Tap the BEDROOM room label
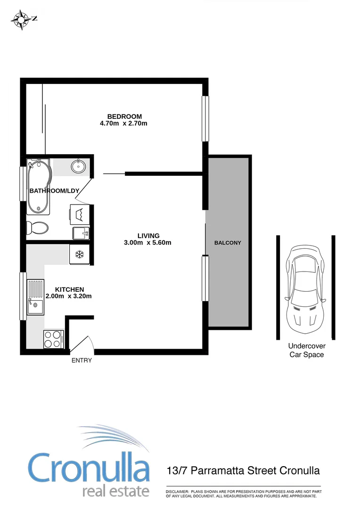tap(124, 116)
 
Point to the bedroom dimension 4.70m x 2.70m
tap(124, 124)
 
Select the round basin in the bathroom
tap(78, 166)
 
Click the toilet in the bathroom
tap(37, 228)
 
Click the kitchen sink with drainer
tap(35, 296)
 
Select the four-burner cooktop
tap(53, 339)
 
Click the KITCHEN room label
tap(70, 289)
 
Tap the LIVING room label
tap(148, 236)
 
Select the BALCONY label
tap(228, 243)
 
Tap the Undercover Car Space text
tap(306, 351)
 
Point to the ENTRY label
tap(82, 361)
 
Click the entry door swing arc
tap(85, 343)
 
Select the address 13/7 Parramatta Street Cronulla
tap(243, 471)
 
